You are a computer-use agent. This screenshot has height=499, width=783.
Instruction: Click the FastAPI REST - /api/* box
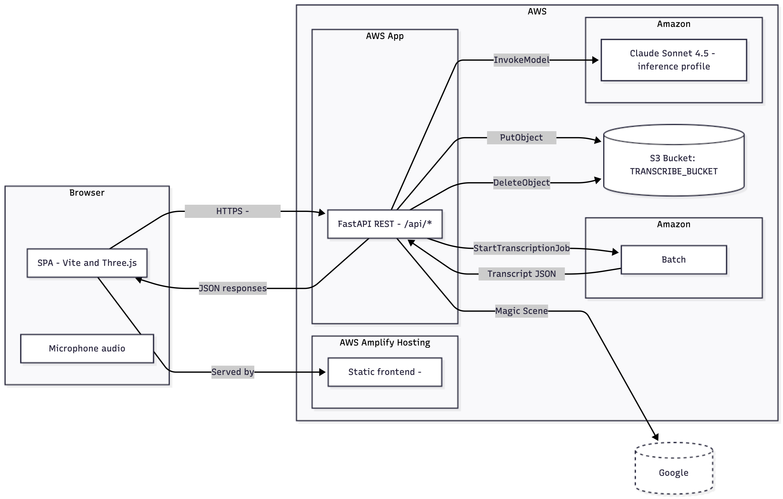pos(385,224)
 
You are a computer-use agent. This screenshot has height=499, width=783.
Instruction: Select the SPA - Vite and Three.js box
pos(87,263)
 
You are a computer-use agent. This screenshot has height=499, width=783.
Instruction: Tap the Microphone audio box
pos(87,348)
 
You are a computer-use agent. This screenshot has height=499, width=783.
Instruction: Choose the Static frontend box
pos(385,372)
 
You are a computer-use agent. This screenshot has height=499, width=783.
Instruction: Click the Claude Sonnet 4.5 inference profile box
pos(673,60)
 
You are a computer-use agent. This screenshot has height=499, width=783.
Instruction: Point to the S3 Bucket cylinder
pos(673,164)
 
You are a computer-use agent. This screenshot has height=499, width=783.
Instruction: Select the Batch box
pos(673,260)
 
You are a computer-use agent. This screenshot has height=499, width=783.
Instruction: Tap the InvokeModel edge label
pos(521,60)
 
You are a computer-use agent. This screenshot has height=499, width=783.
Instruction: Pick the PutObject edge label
pos(521,137)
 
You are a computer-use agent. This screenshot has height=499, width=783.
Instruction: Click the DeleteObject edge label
pos(521,183)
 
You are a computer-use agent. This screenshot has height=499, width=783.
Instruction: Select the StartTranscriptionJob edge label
pos(521,248)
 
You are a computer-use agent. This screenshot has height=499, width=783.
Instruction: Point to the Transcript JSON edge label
pos(521,274)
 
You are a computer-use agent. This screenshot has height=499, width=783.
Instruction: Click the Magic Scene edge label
pos(521,311)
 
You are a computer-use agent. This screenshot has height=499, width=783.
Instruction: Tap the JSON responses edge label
pos(232,288)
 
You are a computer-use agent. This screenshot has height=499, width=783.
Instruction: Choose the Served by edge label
pos(232,372)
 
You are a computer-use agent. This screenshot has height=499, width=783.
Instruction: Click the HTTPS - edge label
pos(232,211)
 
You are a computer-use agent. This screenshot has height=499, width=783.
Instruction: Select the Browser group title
pos(87,193)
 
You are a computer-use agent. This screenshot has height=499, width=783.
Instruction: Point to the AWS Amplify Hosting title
pos(385,342)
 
